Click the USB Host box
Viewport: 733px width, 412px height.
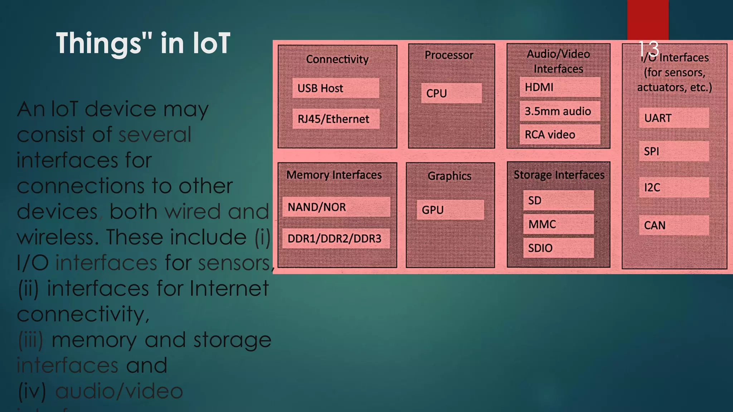point(336,88)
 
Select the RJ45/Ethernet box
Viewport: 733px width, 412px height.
point(336,119)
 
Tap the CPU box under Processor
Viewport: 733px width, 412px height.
point(451,93)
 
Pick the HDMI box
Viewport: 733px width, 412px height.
point(560,87)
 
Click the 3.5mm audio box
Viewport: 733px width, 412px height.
point(560,111)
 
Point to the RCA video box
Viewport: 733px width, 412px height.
point(560,134)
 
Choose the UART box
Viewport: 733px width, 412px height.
point(674,118)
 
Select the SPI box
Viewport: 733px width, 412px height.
point(674,151)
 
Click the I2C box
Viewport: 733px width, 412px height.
point(674,187)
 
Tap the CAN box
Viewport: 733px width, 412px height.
point(674,225)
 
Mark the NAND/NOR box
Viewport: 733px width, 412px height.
point(336,207)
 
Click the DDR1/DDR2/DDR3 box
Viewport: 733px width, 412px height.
point(336,238)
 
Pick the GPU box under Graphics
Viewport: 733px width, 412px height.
point(450,210)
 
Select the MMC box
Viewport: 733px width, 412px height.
point(558,224)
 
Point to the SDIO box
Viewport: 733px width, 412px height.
point(558,248)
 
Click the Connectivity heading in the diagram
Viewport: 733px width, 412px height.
point(337,59)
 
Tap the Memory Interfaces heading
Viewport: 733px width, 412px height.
point(334,175)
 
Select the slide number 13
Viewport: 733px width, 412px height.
point(648,49)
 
